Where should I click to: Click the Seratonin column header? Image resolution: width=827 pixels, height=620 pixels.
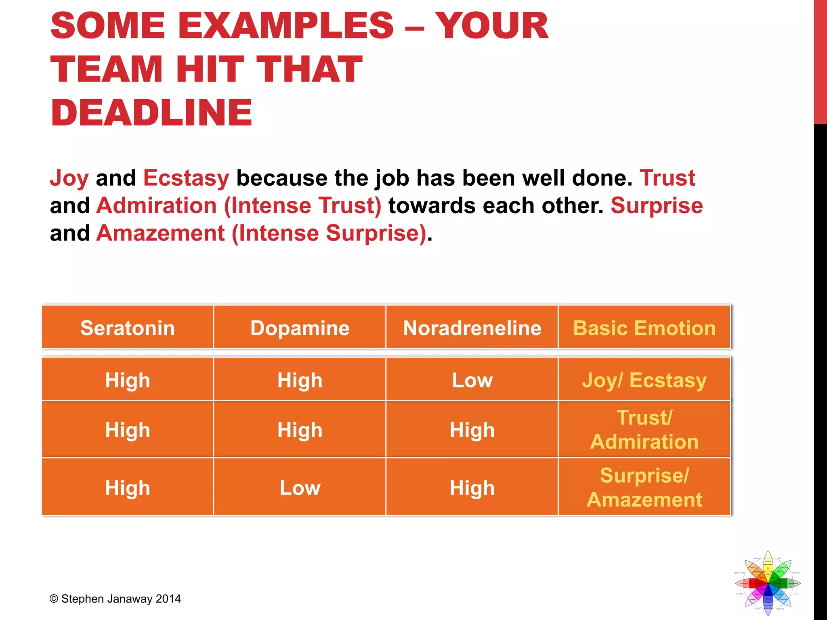[x=128, y=328]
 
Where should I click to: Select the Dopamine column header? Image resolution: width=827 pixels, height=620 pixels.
[x=300, y=328]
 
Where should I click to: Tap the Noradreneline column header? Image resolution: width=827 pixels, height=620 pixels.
[x=472, y=328]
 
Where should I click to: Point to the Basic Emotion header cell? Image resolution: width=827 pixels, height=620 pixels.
[x=644, y=328]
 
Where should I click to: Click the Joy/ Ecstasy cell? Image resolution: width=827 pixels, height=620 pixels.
[x=644, y=380]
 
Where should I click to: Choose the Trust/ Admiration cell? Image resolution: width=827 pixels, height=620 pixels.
[x=644, y=429]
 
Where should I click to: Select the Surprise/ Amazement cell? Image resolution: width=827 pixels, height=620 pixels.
[x=644, y=487]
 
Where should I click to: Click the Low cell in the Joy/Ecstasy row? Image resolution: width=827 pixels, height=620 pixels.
[x=472, y=380]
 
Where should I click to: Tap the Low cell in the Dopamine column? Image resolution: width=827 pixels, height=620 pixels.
[x=300, y=488]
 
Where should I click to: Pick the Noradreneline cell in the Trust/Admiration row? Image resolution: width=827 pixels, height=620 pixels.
[x=472, y=430]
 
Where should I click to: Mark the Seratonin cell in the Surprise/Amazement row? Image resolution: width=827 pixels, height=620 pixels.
[x=128, y=488]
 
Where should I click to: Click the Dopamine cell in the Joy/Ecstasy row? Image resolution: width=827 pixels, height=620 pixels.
[x=300, y=380]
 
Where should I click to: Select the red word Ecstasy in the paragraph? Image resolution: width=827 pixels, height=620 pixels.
[x=186, y=178]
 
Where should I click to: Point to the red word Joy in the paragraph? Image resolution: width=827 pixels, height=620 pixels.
[x=69, y=178]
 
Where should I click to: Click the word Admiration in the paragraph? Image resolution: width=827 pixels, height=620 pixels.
[x=157, y=205]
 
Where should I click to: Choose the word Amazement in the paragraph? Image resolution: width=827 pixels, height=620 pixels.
[x=160, y=233]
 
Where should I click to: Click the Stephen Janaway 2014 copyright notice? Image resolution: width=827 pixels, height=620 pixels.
[x=115, y=599]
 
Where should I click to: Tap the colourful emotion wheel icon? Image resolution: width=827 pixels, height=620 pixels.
[x=768, y=583]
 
